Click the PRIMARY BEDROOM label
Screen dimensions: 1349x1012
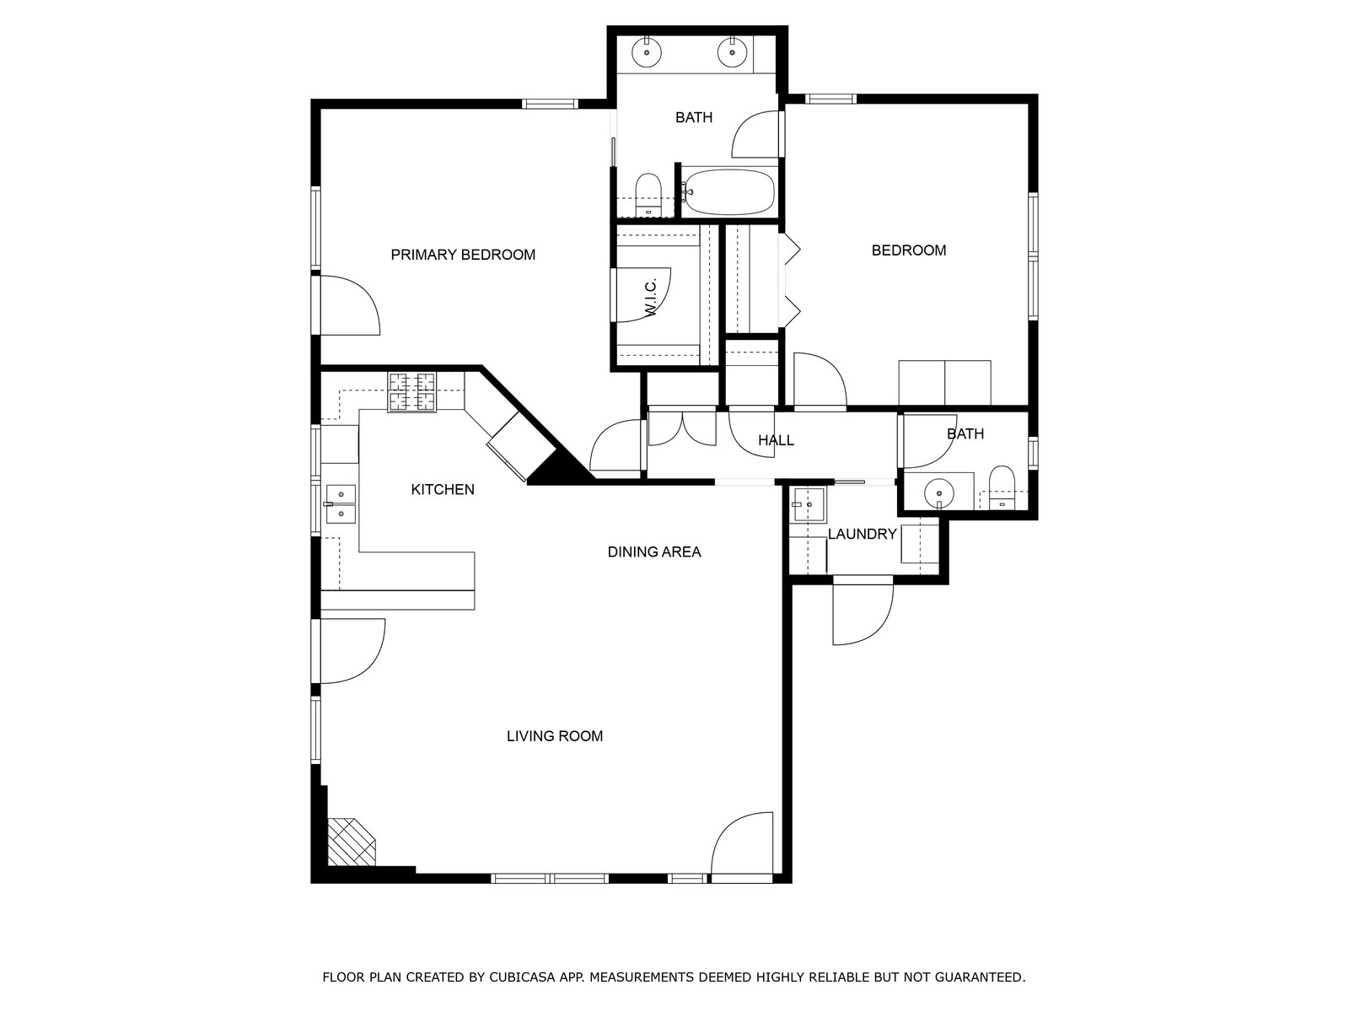click(x=463, y=255)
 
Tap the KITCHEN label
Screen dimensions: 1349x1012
click(x=443, y=490)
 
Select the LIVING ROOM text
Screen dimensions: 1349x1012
click(x=554, y=736)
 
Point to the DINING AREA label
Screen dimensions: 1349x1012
click(x=654, y=552)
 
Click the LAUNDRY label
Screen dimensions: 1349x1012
click(x=862, y=534)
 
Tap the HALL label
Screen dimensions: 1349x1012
click(x=776, y=440)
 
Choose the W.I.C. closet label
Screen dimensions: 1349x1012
click(x=652, y=298)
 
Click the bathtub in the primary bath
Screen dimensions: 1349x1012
click(x=729, y=191)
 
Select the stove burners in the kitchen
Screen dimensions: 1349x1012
click(x=411, y=392)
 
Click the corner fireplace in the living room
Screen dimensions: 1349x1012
click(x=350, y=842)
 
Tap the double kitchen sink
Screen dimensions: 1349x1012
click(x=341, y=503)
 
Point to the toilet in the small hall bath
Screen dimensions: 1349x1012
click(x=1002, y=487)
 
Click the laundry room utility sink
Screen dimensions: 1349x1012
click(x=809, y=504)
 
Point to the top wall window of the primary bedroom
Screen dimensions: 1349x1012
click(x=550, y=104)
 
